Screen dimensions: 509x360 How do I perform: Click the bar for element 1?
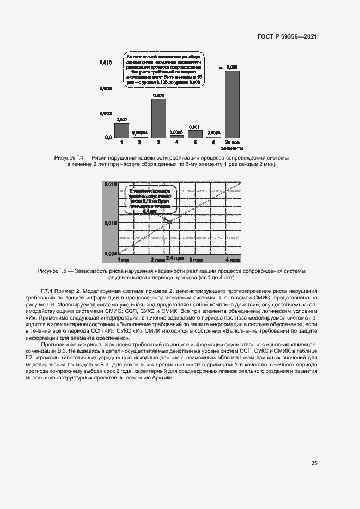(121, 131)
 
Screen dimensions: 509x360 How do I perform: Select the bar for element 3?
(158, 118)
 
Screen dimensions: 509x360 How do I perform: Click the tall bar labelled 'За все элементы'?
(232, 105)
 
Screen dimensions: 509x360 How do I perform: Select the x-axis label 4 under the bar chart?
(176, 143)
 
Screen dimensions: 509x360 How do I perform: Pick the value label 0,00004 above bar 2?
(140, 133)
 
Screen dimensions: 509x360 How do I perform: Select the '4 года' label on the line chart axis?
(232, 260)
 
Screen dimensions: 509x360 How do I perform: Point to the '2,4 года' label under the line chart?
(175, 257)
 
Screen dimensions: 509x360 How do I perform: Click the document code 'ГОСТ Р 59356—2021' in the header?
(287, 36)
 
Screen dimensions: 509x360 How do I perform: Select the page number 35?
(314, 464)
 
